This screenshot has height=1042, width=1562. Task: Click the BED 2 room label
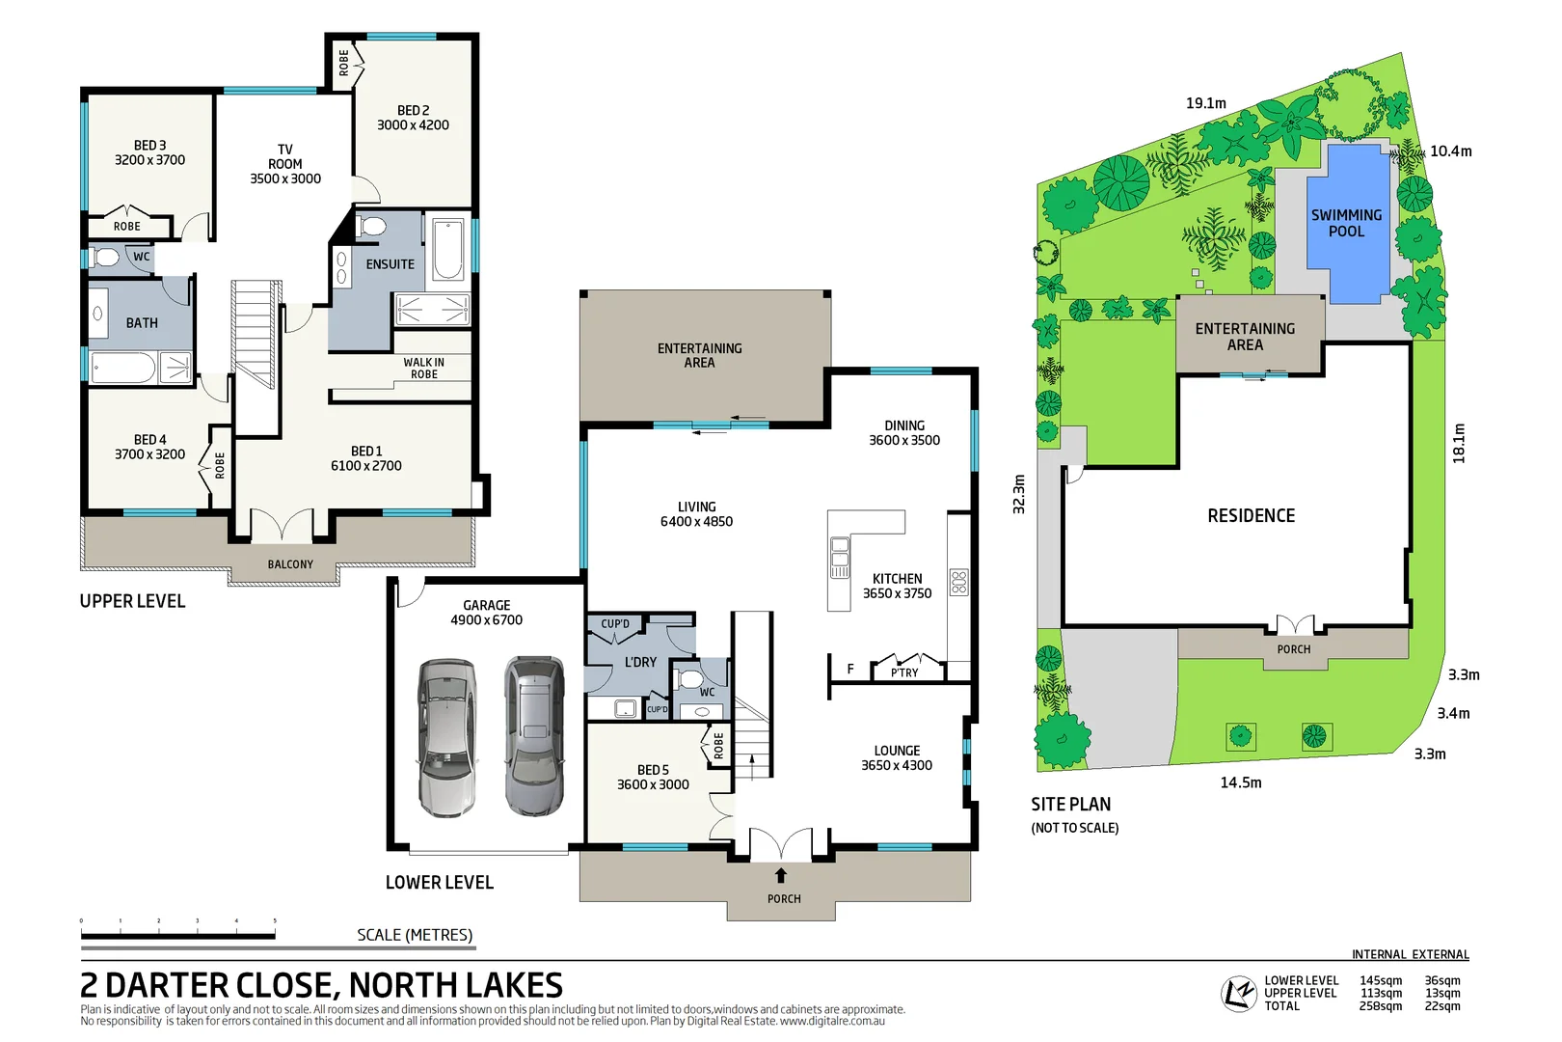point(413,110)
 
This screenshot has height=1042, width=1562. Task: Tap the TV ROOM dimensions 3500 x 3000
point(285,178)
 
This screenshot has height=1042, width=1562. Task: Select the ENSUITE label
point(390,263)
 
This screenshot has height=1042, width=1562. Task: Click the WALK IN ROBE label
point(424,368)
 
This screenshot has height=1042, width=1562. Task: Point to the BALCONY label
point(290,564)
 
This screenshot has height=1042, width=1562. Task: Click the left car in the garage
point(446,738)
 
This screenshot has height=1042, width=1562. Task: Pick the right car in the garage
point(534,735)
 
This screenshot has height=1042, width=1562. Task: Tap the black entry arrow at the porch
point(781,875)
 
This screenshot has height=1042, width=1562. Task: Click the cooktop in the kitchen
point(958,582)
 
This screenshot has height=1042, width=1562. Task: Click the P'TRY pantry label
point(904,672)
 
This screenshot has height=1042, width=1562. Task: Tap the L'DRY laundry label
point(640,662)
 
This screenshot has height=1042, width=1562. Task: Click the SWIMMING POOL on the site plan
point(1346,223)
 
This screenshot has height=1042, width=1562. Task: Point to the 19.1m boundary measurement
point(1205,103)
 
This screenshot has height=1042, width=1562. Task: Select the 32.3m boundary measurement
point(1019,494)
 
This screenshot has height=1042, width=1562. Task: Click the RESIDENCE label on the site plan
point(1251,516)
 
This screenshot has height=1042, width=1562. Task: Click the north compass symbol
point(1238,993)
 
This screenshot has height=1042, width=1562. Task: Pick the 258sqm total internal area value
point(1381,1006)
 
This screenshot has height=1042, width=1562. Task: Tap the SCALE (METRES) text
point(415,935)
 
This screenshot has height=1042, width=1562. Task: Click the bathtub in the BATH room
point(123,368)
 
